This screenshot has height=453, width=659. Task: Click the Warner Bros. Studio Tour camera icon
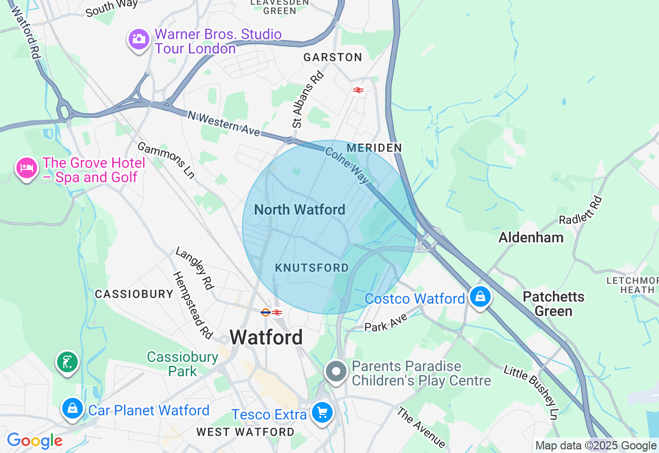tap(138, 39)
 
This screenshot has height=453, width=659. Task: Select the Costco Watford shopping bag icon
tap(480, 297)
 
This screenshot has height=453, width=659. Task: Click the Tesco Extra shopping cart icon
tap(322, 412)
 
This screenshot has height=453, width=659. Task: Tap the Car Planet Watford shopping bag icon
tap(73, 408)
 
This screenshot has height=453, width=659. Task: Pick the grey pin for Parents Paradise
tap(336, 371)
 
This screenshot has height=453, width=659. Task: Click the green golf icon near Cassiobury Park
tap(67, 362)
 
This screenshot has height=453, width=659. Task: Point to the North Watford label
tap(300, 210)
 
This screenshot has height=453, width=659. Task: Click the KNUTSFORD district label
tap(312, 268)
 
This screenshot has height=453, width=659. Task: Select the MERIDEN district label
tap(374, 148)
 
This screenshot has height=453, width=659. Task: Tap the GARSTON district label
tap(333, 57)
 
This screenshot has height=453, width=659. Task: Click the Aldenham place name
tap(531, 237)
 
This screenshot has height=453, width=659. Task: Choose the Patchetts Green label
tap(553, 304)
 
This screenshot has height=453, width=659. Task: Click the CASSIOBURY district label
tap(134, 294)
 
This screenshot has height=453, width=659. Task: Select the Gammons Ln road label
tap(166, 161)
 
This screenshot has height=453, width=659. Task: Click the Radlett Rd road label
tap(581, 210)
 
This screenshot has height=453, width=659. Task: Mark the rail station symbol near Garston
tap(358, 90)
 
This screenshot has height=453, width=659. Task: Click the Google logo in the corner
tap(34, 441)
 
